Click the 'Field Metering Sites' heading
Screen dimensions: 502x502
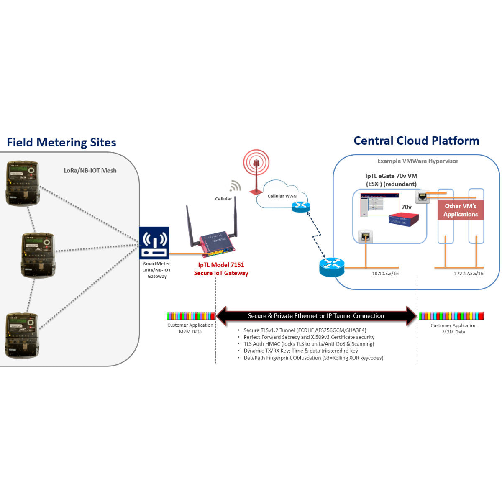(61, 143)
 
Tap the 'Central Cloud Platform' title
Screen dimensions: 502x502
(416, 141)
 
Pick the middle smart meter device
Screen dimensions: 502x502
(38, 255)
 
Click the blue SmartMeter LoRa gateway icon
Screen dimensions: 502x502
(154, 243)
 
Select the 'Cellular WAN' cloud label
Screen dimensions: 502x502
(282, 196)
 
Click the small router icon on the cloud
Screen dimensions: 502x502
(301, 207)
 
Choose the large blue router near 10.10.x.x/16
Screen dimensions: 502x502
(332, 267)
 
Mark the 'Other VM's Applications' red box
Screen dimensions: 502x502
(461, 210)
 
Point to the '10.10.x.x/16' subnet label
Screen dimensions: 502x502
(385, 274)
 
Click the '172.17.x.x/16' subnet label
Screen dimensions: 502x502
(469, 274)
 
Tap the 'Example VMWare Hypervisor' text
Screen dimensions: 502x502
(417, 161)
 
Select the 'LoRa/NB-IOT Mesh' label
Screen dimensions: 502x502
(90, 171)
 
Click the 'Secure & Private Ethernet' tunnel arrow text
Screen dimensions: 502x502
(316, 316)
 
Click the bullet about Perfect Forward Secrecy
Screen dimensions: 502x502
(309, 337)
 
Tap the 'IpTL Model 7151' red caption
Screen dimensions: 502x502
(221, 265)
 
